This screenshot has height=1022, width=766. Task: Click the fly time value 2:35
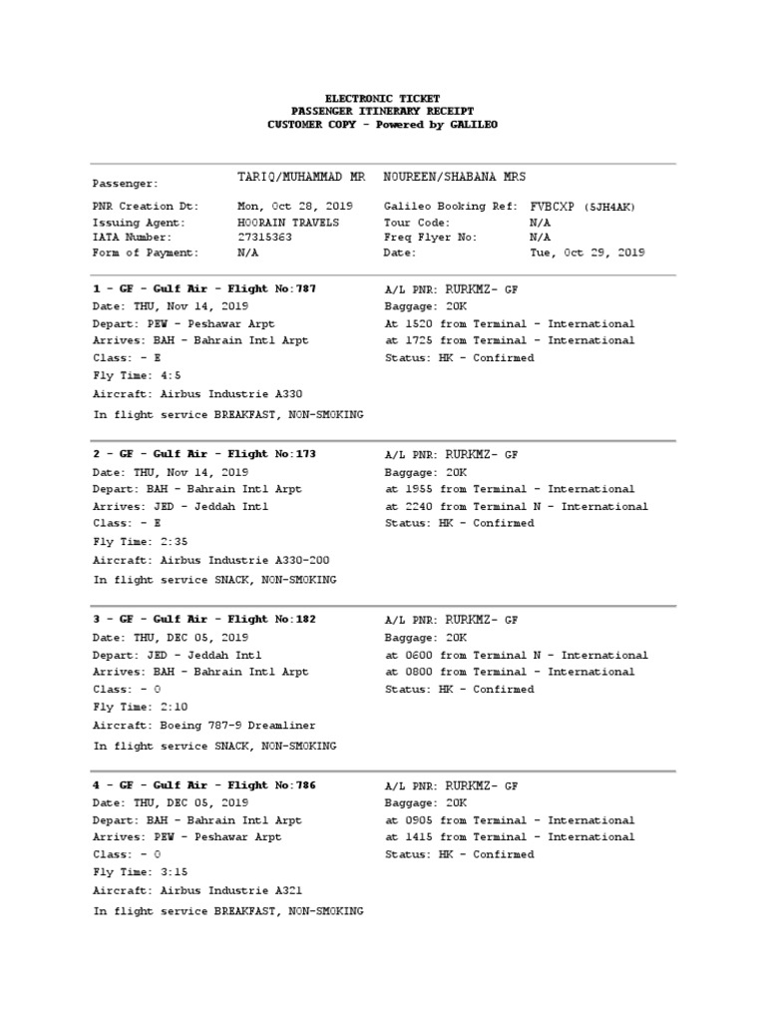(x=168, y=541)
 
